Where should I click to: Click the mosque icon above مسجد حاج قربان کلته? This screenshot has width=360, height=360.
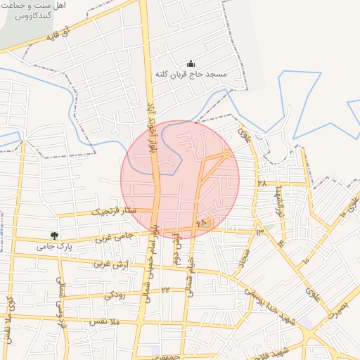coord(191,63)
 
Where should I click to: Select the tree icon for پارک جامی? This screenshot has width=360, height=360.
coord(54,236)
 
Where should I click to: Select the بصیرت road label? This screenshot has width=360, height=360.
coord(338,309)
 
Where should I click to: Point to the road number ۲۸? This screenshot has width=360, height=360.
coord(262,184)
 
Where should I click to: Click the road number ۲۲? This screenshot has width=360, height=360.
coord(165,289)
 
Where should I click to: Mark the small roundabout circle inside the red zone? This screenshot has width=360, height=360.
coord(227,153)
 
